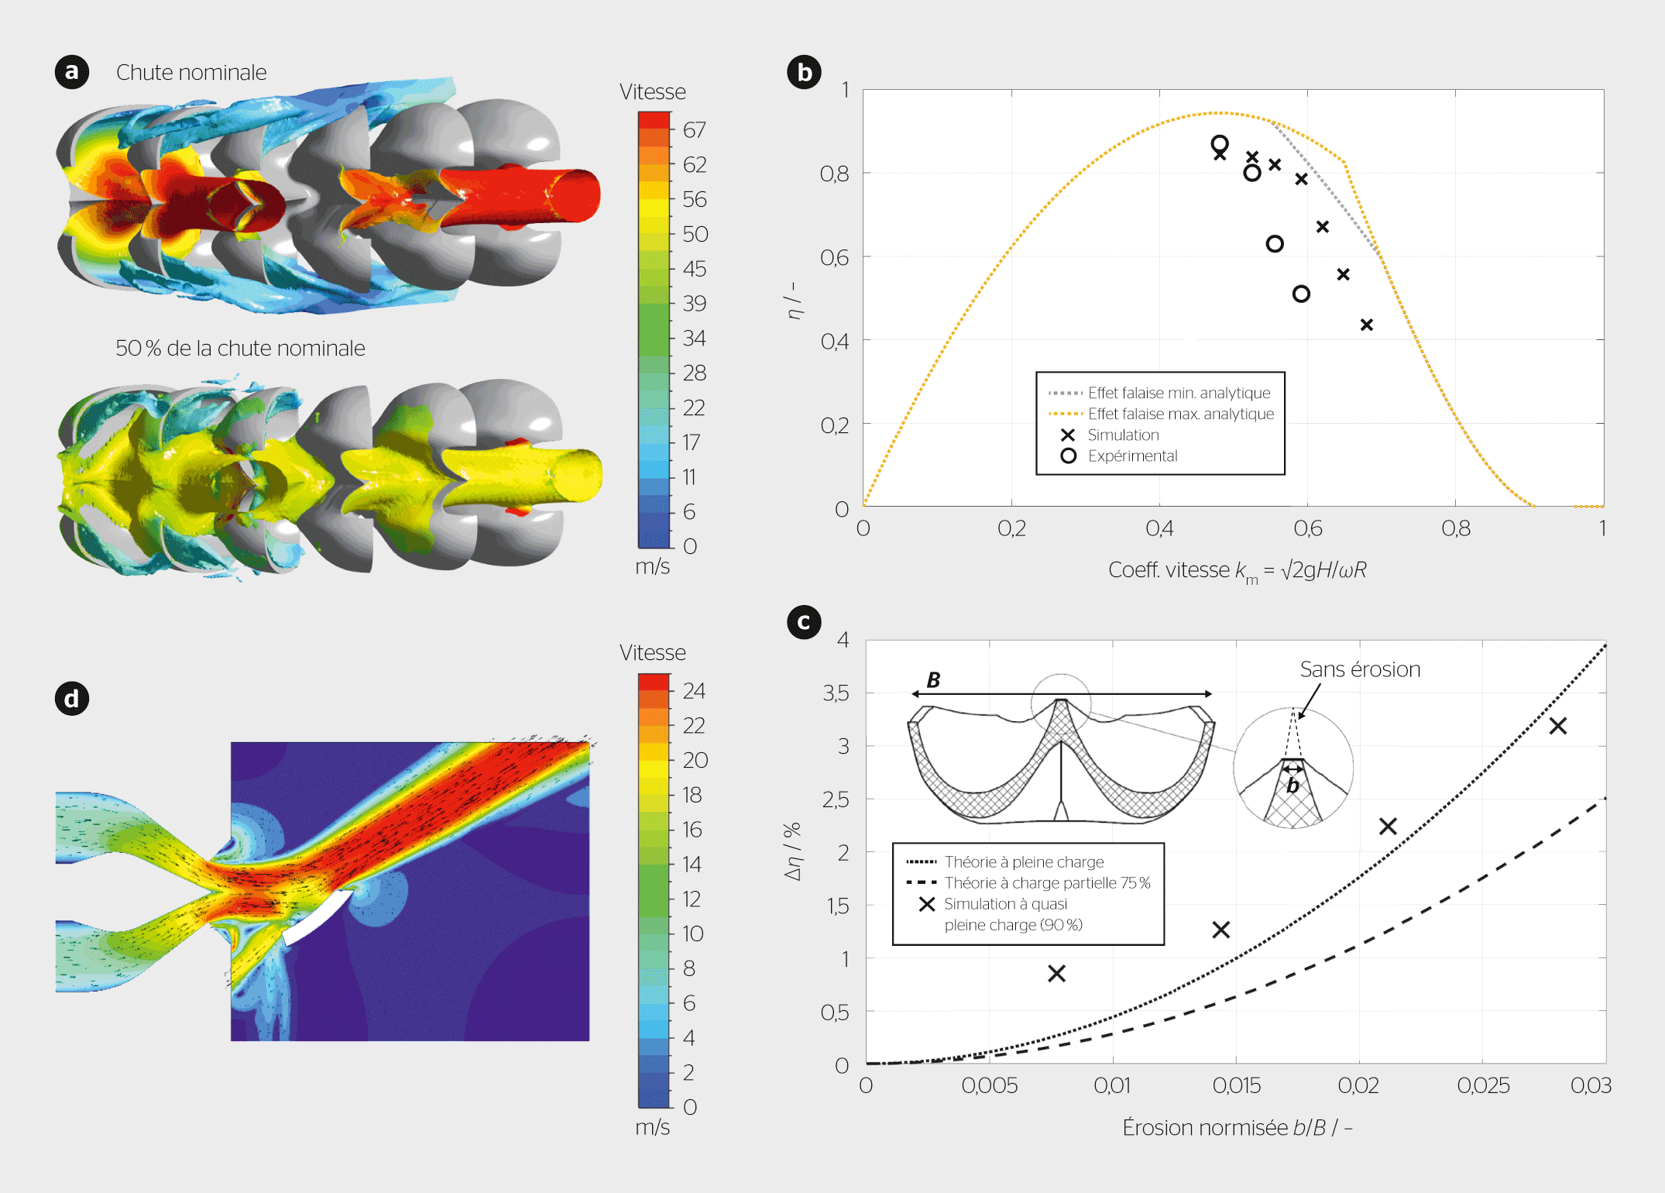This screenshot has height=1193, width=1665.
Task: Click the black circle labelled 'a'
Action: [72, 72]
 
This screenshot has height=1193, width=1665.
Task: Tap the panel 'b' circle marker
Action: [804, 72]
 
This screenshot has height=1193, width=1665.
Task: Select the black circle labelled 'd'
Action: [72, 699]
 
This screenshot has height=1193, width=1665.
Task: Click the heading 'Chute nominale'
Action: [191, 73]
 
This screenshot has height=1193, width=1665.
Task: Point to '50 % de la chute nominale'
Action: [240, 349]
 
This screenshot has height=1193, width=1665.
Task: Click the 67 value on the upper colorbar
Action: [694, 130]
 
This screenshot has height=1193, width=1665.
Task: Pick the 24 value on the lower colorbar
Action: [694, 691]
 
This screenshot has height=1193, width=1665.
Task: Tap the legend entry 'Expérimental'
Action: [1132, 456]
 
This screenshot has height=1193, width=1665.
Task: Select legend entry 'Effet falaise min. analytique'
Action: [1179, 394]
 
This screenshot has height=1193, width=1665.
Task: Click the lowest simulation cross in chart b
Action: [1367, 325]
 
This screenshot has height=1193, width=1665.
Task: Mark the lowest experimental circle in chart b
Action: [1301, 294]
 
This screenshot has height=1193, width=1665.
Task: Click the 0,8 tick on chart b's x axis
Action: [1456, 529]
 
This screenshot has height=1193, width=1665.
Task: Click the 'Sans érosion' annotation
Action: [1360, 670]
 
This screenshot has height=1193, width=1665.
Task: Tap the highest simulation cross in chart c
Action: [1558, 726]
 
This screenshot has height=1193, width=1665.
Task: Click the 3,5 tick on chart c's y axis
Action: [836, 693]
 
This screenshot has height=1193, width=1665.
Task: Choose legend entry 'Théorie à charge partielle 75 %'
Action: [1047, 883]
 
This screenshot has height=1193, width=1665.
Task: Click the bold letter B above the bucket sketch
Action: [934, 680]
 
